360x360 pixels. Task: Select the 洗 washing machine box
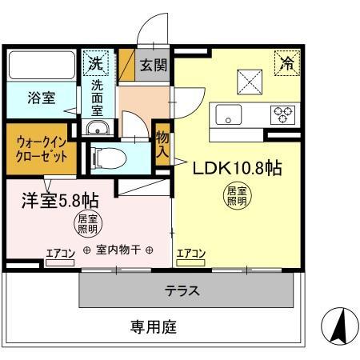96,62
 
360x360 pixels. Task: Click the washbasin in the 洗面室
97,128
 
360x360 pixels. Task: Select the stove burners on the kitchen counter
283,114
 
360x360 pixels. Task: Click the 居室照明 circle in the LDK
234,197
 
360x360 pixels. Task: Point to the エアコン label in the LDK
190,254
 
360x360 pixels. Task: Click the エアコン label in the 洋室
59,254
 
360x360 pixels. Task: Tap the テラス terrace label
182,290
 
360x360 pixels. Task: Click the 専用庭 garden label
154,326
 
